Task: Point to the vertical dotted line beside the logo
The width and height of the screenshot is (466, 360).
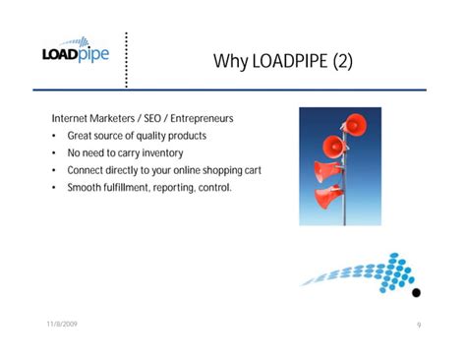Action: point(127,60)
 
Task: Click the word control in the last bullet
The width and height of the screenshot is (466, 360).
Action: point(213,187)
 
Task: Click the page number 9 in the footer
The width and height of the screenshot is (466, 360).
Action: point(419,324)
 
